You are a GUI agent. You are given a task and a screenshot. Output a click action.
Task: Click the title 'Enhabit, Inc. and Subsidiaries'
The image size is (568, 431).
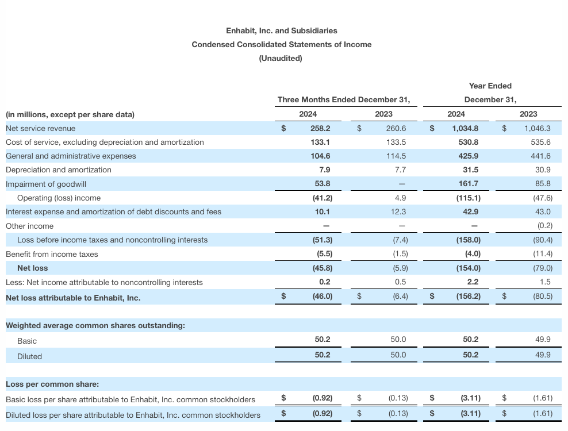click(282, 30)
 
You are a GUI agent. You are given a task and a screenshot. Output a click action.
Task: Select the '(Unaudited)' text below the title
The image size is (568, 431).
click(281, 58)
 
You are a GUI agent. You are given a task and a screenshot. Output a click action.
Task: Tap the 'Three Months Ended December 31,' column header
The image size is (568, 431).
click(344, 99)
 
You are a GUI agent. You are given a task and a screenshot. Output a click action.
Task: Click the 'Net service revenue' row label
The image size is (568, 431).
click(40, 128)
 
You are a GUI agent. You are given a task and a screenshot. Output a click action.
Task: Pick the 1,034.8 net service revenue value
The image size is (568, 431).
click(467, 128)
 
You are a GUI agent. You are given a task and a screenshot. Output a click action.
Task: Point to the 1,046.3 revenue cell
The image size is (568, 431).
click(538, 128)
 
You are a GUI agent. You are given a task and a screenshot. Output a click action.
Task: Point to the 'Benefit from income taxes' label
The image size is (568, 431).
click(52, 254)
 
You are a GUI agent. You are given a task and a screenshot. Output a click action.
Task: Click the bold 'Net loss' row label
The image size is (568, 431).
click(33, 268)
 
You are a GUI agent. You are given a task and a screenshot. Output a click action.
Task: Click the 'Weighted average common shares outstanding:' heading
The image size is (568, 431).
click(95, 326)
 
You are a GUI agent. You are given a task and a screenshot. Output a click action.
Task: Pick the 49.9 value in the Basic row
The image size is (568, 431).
click(543, 340)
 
